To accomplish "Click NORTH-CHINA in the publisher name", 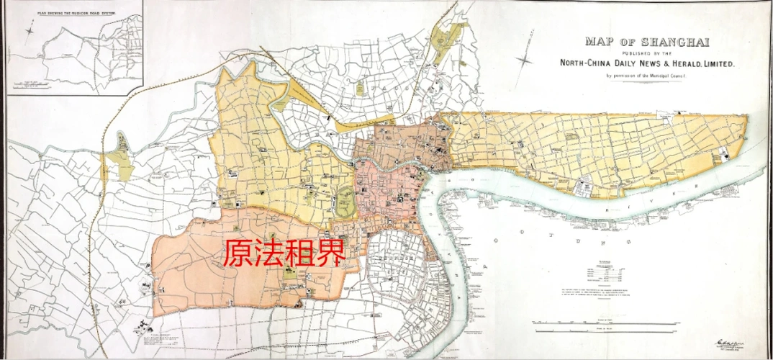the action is coord(589,63).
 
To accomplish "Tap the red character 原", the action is coord(237,253).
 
